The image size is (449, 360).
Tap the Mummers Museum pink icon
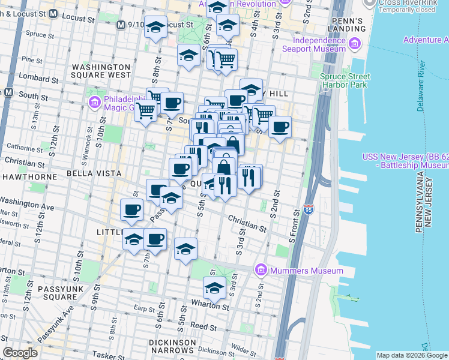(x=260, y=271)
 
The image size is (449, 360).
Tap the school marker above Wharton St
(x=214, y=289)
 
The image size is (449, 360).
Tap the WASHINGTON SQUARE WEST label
(x=101, y=71)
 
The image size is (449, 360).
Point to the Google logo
(x=20, y=353)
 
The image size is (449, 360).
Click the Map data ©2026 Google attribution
(x=411, y=355)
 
